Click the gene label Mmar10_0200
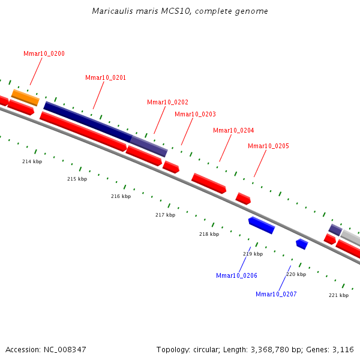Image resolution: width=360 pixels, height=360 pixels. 44,54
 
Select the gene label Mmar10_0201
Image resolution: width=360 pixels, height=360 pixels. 106,78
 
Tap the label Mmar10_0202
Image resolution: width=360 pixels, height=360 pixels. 167,102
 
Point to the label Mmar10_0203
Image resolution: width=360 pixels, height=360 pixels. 195,114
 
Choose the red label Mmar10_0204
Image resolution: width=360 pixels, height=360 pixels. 233,130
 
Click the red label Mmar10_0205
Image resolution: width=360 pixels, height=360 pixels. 268,146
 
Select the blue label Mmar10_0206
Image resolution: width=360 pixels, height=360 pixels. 236,275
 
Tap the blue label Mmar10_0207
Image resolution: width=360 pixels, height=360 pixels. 276,294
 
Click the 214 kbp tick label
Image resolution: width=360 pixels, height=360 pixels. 32,161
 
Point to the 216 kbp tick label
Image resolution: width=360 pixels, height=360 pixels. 121,196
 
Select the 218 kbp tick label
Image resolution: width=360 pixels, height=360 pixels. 209,234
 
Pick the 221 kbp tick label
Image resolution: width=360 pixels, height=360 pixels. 338,295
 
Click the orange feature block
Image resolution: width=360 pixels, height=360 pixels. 25,97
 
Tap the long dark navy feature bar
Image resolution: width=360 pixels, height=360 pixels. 87,122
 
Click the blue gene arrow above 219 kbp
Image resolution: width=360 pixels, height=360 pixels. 262,225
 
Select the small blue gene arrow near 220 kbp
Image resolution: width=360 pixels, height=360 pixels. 302,244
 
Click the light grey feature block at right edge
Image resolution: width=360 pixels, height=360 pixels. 351,238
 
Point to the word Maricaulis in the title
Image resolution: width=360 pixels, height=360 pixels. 109,11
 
